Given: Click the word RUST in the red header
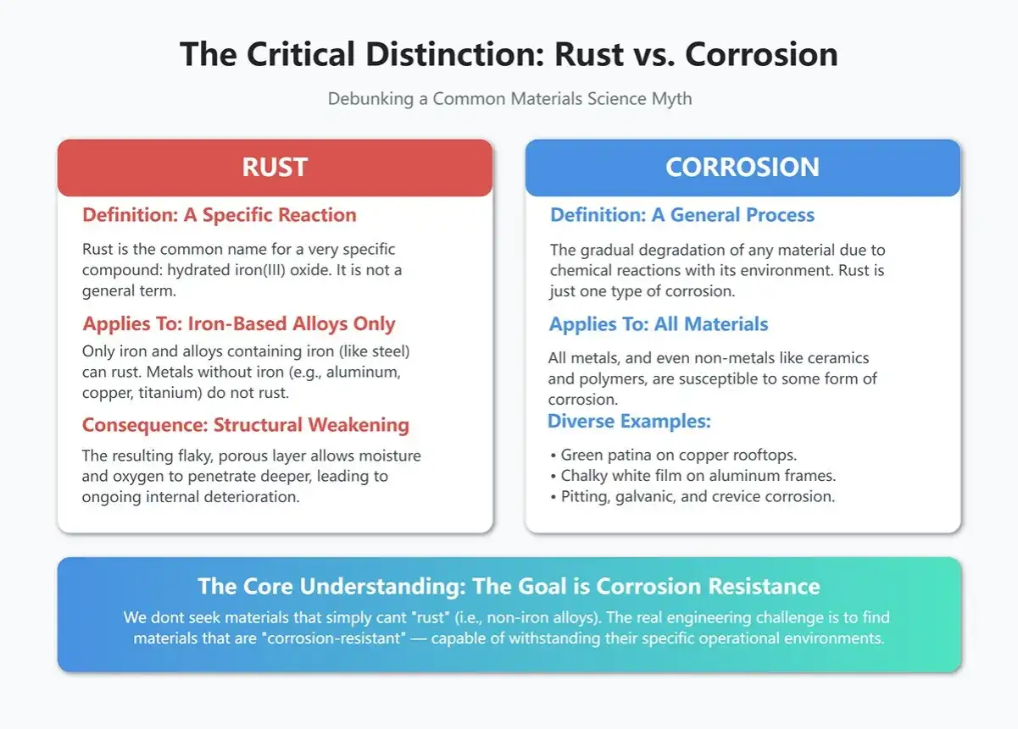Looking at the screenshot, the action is (x=275, y=167).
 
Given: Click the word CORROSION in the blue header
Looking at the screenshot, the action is (x=743, y=167).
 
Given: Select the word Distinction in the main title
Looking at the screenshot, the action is (x=455, y=54).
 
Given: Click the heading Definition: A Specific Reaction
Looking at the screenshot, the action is (x=220, y=215).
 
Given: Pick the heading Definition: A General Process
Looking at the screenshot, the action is (x=682, y=215).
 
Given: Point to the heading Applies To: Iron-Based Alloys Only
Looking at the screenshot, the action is (x=239, y=324).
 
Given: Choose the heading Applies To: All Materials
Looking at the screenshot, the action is (x=659, y=324).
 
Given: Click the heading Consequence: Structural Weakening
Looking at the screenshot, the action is (x=246, y=425).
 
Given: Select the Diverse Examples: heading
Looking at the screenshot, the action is (x=630, y=422).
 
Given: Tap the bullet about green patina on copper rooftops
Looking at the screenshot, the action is (x=674, y=455).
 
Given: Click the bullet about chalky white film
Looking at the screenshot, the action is (x=693, y=476).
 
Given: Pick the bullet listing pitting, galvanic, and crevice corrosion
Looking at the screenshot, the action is (x=693, y=497).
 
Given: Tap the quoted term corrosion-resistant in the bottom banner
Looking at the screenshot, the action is (x=334, y=638).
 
